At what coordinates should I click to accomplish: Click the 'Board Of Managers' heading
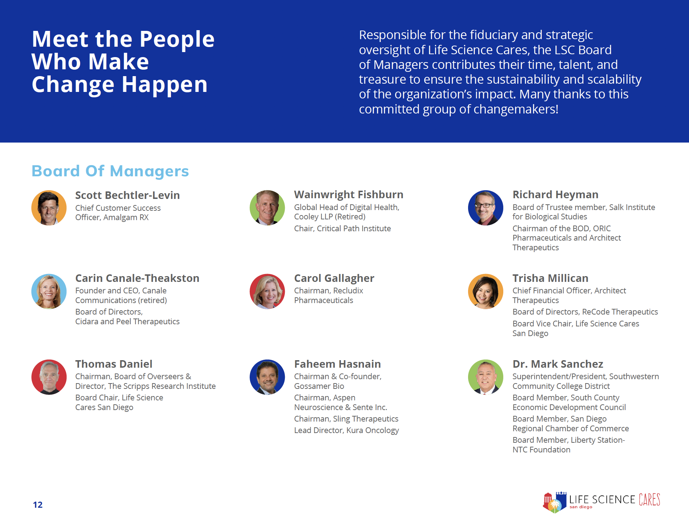tap(110, 171)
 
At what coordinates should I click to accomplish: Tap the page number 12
tap(38, 505)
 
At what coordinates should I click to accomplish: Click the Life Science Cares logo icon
tap(555, 502)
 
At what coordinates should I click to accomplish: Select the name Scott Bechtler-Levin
tap(128, 195)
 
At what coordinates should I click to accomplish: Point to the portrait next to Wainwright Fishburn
tap(267, 208)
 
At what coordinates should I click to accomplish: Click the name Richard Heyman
tap(555, 194)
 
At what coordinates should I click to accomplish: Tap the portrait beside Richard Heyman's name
tap(486, 208)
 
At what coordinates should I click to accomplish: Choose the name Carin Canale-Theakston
tap(137, 278)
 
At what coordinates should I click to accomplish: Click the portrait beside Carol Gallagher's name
tap(267, 291)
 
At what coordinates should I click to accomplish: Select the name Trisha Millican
tap(550, 278)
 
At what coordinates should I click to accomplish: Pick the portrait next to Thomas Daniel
tap(49, 377)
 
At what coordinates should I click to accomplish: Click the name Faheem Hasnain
tap(337, 364)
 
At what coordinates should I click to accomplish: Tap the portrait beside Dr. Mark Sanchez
tap(486, 377)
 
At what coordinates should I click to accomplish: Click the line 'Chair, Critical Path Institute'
tap(342, 228)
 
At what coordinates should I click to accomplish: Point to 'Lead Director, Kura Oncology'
tap(346, 430)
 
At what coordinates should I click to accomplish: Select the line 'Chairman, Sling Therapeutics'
tap(346, 419)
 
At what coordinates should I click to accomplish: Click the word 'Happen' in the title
tap(165, 85)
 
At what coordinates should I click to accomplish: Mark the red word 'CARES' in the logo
tap(649, 499)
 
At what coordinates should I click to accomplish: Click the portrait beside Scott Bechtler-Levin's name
tap(49, 208)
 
